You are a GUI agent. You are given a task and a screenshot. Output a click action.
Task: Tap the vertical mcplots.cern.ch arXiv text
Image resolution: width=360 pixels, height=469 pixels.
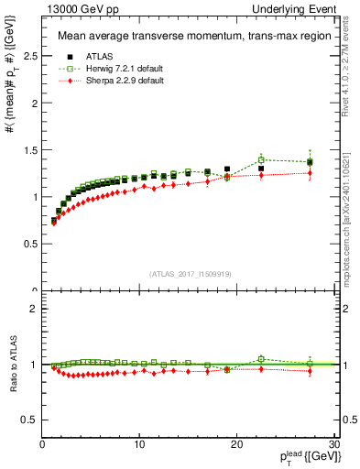(351, 211)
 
